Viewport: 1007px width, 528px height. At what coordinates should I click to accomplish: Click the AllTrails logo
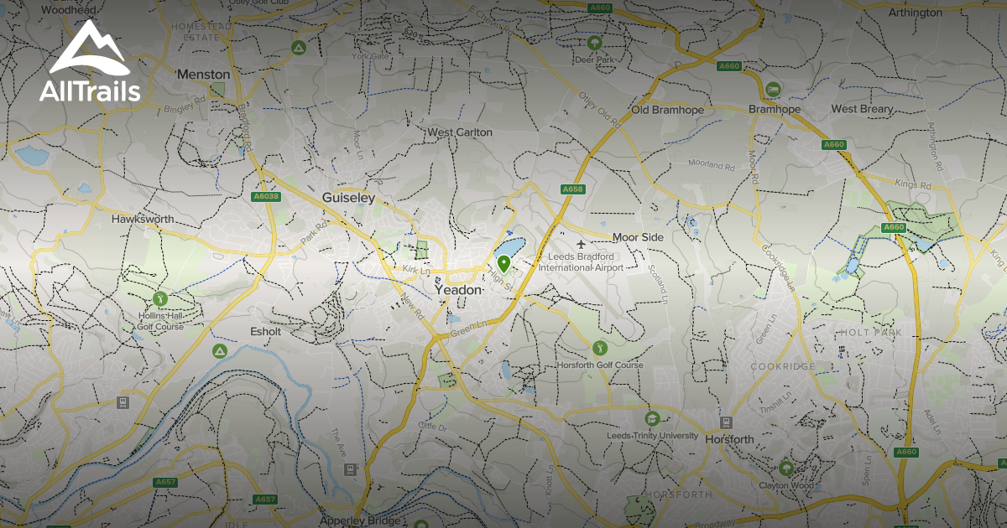[x=90, y=62]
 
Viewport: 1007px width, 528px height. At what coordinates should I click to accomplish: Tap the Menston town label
[x=203, y=74]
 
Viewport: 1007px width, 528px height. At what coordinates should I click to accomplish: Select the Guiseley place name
[x=348, y=198]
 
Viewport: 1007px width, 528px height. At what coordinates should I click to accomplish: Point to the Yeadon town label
[x=458, y=289]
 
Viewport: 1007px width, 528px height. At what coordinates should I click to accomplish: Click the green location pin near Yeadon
[x=503, y=264]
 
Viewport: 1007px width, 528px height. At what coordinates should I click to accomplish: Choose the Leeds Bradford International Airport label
[x=581, y=261]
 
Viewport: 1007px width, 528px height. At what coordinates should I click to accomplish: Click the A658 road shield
[x=572, y=189]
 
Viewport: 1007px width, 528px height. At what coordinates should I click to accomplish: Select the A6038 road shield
[x=266, y=197]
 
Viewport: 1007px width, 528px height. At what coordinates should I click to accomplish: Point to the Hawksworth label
[x=143, y=219]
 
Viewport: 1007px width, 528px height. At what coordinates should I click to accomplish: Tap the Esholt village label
[x=266, y=331]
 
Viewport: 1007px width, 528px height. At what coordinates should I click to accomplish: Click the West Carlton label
[x=460, y=132]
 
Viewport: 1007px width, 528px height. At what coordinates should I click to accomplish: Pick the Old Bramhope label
[x=667, y=110]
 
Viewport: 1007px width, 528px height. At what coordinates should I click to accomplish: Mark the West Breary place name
[x=863, y=109]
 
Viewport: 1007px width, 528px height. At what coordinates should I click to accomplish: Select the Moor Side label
[x=638, y=237]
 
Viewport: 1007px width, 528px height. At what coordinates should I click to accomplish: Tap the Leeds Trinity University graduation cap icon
[x=652, y=418]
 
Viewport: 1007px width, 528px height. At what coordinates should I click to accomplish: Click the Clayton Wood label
[x=786, y=484]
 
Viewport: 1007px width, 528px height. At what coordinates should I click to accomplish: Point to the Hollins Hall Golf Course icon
[x=161, y=298]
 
